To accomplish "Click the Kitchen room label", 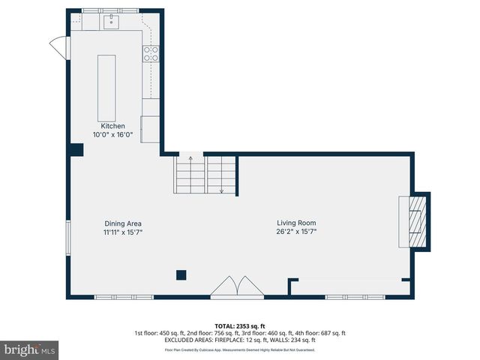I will pos(109,126).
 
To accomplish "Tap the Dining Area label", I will pos(123,223).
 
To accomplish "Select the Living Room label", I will pos(296,223).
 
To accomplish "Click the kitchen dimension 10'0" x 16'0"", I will pos(109,135).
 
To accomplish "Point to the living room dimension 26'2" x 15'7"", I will pos(296,232).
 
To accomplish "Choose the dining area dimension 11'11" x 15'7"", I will pos(123,232).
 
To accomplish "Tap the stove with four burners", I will pos(151,53).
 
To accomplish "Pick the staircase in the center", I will pos(206,175).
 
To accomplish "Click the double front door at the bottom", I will pos(235,288).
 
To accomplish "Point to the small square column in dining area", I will pos(181,274).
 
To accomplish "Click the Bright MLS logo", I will pos(30,349).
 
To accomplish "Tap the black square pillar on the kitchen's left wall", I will pos(76,149).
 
